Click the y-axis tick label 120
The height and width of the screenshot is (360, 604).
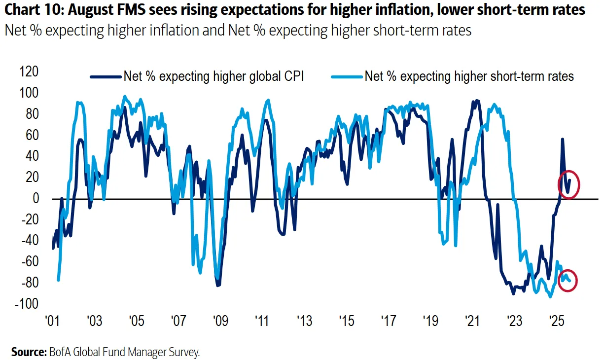point(29,72)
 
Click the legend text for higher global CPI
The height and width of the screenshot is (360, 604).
point(213,76)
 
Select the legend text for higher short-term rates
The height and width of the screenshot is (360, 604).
point(469,76)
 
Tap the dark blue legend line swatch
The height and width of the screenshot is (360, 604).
point(106,76)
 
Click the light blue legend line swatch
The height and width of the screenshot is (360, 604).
point(347,76)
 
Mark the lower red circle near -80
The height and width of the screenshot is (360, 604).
point(568,281)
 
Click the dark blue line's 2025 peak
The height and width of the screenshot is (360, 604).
point(562,139)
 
